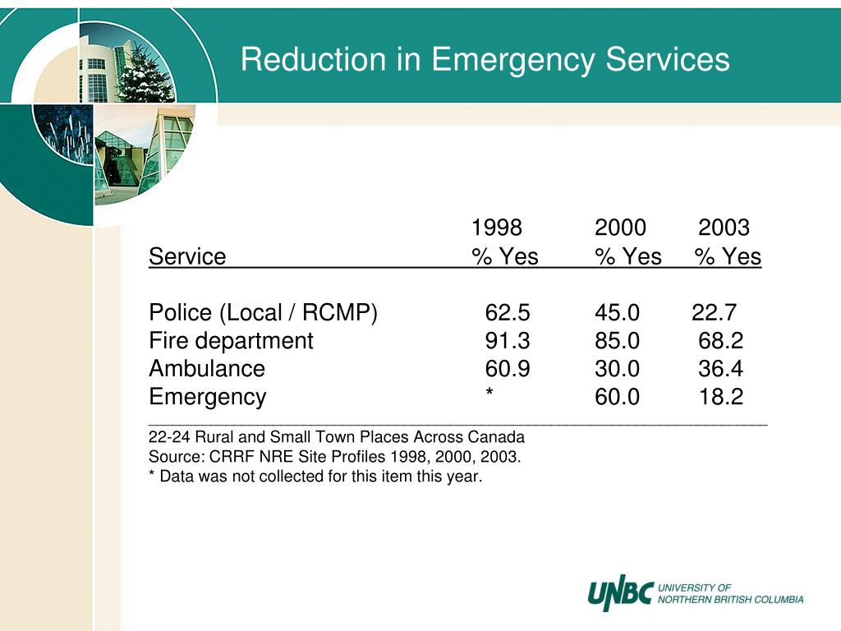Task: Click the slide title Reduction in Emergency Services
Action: [485, 59]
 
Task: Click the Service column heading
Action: [187, 256]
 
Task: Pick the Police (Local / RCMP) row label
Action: [263, 312]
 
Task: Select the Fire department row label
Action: [231, 341]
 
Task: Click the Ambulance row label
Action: [206, 369]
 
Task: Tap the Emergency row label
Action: [207, 398]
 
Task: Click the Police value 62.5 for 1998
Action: [508, 312]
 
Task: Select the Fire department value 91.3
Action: [508, 341]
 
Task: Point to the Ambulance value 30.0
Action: [617, 369]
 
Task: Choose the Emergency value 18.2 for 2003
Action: [721, 397]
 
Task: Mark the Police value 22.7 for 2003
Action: [714, 312]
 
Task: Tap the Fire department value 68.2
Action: [721, 341]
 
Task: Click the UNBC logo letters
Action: [621, 593]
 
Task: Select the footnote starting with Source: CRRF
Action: [335, 457]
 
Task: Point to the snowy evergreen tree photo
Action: [142, 73]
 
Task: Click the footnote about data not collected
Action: [315, 476]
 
